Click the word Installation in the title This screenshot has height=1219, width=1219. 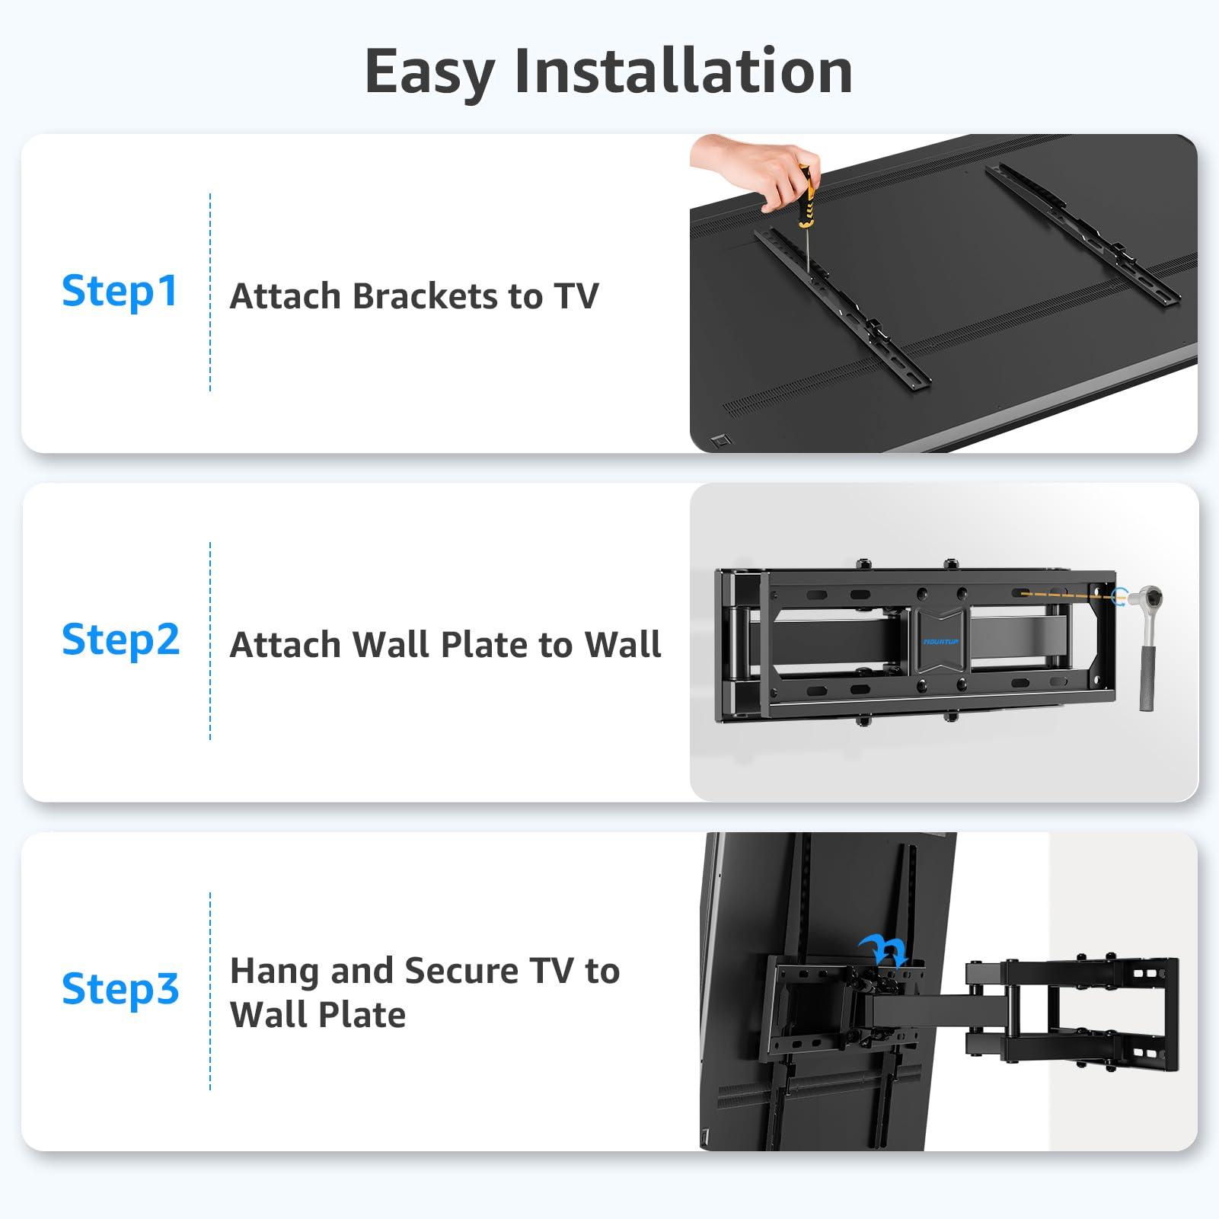click(x=683, y=71)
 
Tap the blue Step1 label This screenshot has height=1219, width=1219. click(x=120, y=292)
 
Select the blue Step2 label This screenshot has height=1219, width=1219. click(x=120, y=640)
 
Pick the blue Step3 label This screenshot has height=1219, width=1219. click(x=120, y=989)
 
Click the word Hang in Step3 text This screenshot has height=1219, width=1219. click(x=274, y=971)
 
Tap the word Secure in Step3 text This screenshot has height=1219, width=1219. click(x=461, y=971)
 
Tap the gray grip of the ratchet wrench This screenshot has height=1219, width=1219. click(x=1147, y=678)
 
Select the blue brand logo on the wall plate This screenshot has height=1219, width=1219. click(x=941, y=642)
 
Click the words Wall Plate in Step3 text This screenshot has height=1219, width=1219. click(x=318, y=1015)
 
